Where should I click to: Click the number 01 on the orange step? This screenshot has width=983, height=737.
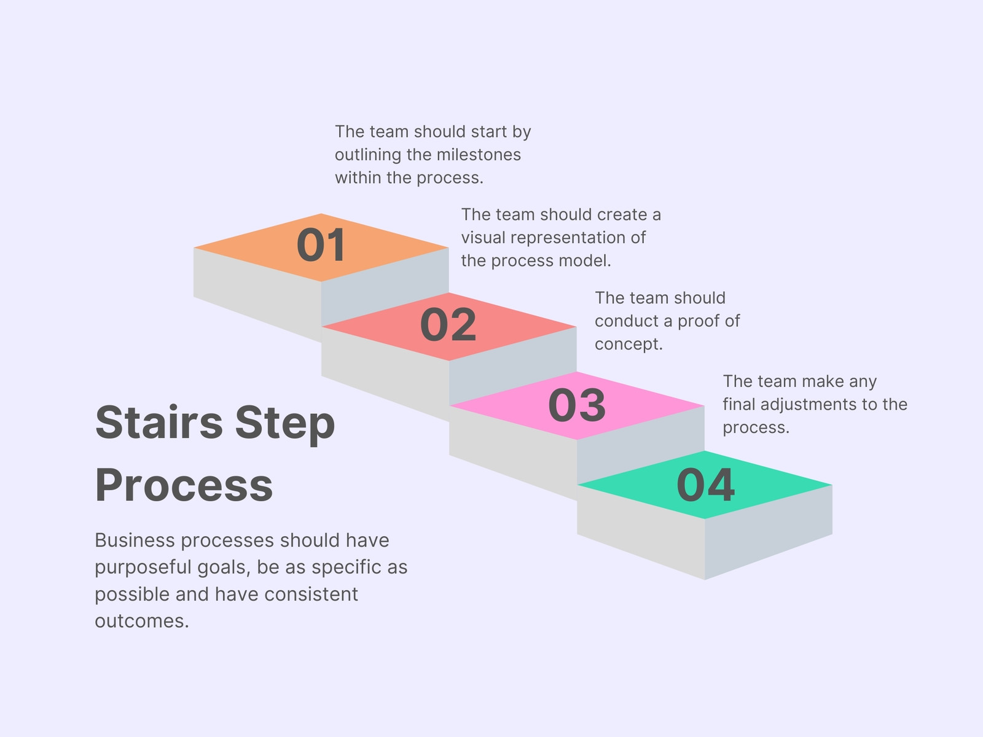coord(321,244)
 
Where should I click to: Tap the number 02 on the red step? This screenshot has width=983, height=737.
coord(448,324)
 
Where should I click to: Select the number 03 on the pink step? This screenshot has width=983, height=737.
coord(577,405)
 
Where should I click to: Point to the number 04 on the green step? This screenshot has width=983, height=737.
coord(706,485)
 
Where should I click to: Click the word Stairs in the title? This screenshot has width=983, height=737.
coord(159,422)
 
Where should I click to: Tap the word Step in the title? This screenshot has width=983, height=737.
coord(285,424)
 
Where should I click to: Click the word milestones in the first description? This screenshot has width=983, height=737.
coord(479,154)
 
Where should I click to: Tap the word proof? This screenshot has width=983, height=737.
coord(696,321)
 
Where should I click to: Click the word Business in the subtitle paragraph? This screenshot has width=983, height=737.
coord(135,540)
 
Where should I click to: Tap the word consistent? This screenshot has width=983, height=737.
coord(311,595)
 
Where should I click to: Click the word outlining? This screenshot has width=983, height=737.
coord(367,155)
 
